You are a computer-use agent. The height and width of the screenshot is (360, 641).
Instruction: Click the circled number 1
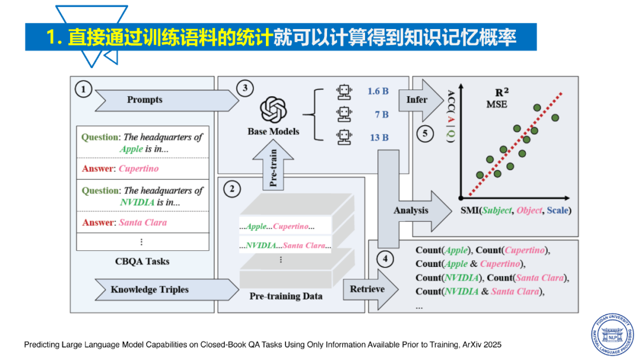coord(84,89)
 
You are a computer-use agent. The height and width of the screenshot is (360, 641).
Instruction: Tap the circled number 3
coord(245,88)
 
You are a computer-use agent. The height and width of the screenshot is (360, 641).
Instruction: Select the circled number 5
coord(425,133)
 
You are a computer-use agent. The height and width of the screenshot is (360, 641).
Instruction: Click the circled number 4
coord(385,258)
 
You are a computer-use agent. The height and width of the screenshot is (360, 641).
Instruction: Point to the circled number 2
coord(232,189)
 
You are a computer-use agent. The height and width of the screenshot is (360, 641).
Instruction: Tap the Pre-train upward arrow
coord(273,164)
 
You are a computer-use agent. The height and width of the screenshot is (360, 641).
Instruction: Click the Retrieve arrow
coord(370,289)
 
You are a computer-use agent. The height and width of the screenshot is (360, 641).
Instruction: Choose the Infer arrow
coord(421,100)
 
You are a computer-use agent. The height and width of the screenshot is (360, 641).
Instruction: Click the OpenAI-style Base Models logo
coord(273,110)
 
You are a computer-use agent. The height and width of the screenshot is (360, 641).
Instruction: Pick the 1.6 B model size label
coord(377,91)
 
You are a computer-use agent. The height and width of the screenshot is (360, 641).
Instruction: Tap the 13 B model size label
coord(379,138)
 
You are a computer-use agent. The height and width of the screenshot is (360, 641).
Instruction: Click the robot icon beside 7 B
coord(345,114)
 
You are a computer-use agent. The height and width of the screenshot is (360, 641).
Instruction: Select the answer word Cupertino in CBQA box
coord(138,169)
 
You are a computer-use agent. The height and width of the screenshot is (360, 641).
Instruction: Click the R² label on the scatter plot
coord(502,93)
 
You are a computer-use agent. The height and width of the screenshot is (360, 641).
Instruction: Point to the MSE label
coord(497,104)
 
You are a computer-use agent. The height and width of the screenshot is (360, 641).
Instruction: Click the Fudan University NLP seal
coord(613,334)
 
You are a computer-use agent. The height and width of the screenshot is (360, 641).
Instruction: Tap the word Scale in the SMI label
coord(557,211)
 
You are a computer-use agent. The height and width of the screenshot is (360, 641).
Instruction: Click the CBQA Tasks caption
coord(142,262)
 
